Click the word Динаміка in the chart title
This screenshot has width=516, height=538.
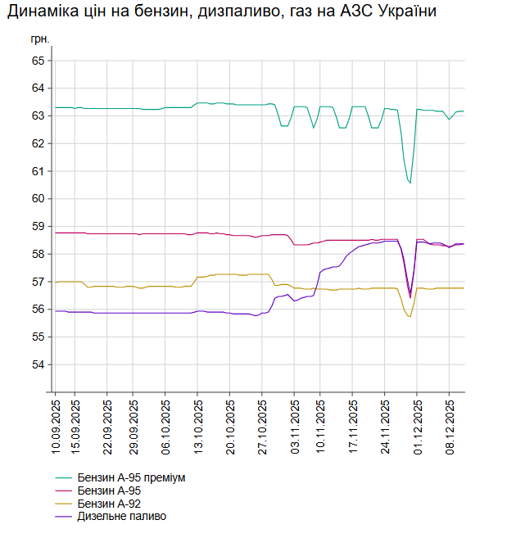(x=41, y=11)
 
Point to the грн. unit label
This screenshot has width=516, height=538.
(x=40, y=39)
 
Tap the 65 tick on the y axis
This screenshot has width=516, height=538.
(x=38, y=61)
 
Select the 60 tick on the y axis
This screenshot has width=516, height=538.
(x=38, y=199)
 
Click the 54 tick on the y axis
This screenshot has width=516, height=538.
(x=38, y=364)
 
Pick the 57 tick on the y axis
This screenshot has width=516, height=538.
(x=38, y=282)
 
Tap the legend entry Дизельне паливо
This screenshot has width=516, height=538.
(x=121, y=517)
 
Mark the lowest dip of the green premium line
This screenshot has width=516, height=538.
(x=410, y=183)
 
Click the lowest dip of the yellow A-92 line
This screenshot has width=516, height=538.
(x=410, y=316)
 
